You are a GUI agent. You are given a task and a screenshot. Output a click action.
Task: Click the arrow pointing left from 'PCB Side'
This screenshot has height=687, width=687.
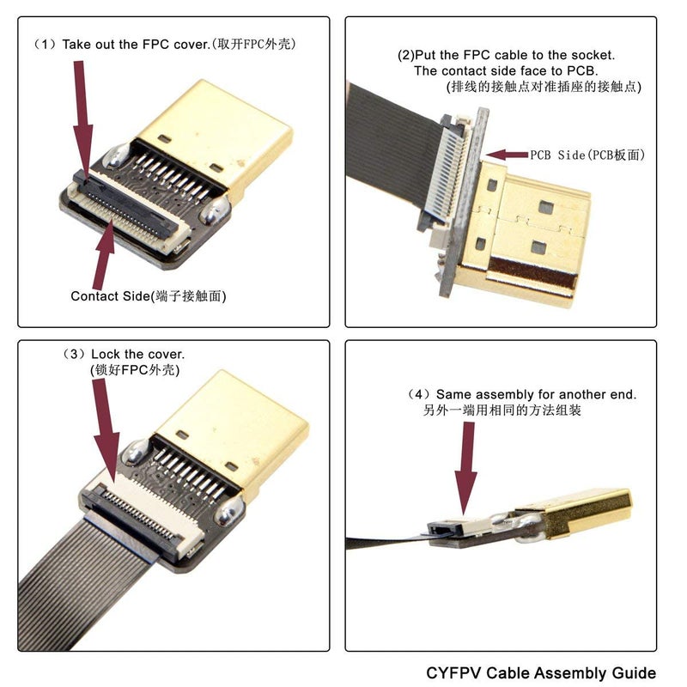click(x=507, y=155)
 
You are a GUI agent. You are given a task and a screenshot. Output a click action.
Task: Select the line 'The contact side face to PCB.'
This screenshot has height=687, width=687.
click(x=507, y=70)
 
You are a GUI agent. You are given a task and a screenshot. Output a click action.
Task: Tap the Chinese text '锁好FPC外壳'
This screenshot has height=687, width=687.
click(x=137, y=369)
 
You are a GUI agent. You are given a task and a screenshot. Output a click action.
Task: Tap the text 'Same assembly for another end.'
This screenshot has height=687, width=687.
click(x=537, y=395)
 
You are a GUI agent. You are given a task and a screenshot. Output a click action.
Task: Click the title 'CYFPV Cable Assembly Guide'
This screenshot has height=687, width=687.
click(x=540, y=672)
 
